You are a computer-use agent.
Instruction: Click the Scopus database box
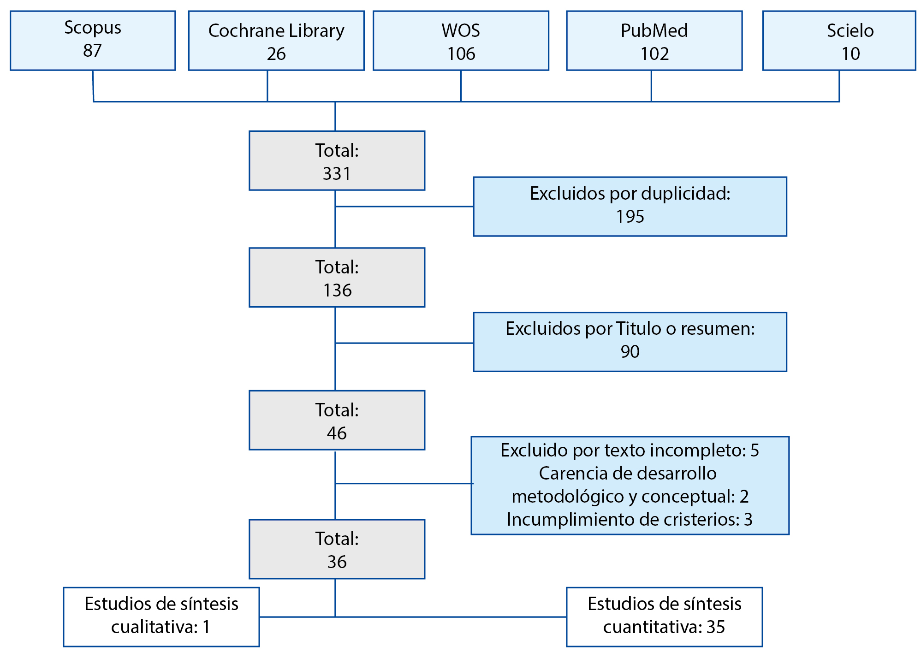[x=93, y=41]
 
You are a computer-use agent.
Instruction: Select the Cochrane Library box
[x=276, y=41]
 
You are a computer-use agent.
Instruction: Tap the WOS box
[x=461, y=41]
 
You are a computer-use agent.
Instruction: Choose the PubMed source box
[x=654, y=41]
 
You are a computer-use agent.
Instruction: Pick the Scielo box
[x=839, y=41]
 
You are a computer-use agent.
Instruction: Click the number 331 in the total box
[x=337, y=174]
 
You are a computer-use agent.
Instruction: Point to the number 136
[x=337, y=290]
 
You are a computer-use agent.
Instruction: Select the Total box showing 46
[x=337, y=420]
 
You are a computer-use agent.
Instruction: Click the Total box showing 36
[x=337, y=549]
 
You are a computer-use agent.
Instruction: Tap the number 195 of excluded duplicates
[x=630, y=217]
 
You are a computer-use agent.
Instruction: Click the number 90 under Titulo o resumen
[x=630, y=352]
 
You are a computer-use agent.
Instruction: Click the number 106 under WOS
[x=461, y=54]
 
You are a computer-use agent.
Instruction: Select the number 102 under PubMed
[x=654, y=54]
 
